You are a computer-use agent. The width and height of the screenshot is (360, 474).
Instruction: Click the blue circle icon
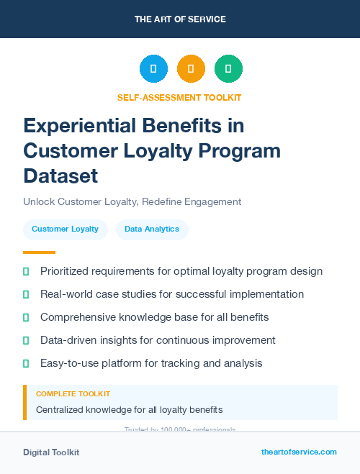(x=153, y=68)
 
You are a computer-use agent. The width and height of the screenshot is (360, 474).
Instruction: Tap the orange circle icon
(x=191, y=68)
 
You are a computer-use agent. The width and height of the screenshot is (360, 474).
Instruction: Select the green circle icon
(x=228, y=68)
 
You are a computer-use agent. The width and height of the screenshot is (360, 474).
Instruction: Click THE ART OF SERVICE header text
(x=180, y=19)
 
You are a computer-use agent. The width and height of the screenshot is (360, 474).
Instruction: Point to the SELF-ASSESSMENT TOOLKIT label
(x=179, y=97)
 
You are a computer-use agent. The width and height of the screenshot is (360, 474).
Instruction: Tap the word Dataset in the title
(x=60, y=175)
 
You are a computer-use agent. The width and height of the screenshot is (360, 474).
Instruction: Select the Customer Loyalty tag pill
(x=65, y=229)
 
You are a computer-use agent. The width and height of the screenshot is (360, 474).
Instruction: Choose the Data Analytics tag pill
(x=152, y=229)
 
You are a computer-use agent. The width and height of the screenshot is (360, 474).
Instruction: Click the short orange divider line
(x=39, y=252)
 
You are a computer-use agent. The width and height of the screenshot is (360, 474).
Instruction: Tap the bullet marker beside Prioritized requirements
(x=27, y=271)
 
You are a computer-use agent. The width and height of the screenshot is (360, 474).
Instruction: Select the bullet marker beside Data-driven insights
(x=27, y=340)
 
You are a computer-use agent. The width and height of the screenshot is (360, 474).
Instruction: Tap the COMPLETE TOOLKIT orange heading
(x=73, y=394)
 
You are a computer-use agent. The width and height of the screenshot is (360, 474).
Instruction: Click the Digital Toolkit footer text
(x=51, y=452)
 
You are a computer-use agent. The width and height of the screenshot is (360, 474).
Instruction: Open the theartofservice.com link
(x=299, y=452)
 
